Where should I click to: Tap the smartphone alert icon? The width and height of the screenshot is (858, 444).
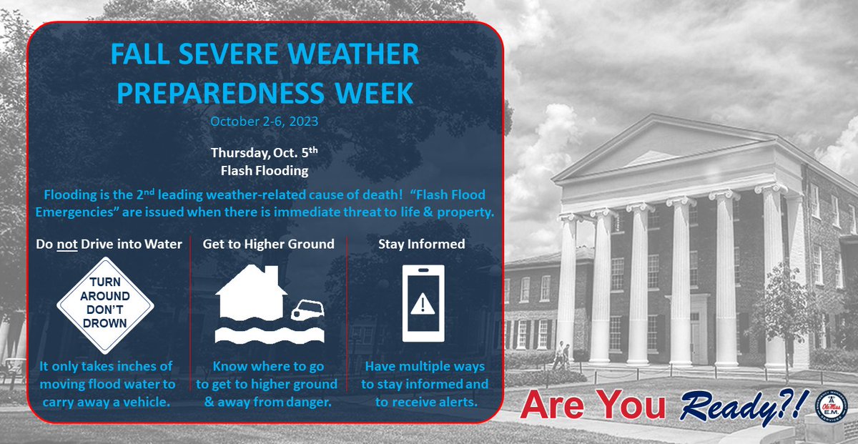(x=423, y=304)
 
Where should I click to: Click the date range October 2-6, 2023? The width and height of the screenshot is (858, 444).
(x=264, y=122)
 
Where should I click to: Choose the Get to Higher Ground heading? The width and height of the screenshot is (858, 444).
(x=268, y=245)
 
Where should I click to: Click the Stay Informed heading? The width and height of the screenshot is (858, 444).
(x=422, y=245)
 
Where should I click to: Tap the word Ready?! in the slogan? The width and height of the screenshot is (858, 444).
(x=743, y=407)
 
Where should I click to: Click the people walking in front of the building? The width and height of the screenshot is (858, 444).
(x=560, y=356)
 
